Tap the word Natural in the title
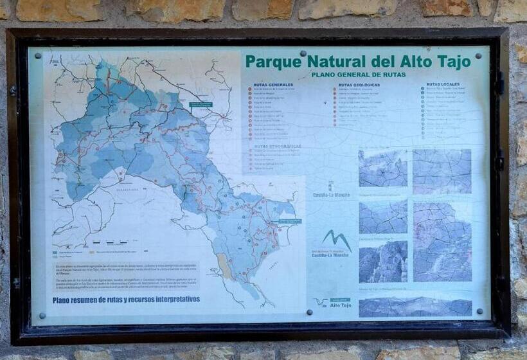point(337,62)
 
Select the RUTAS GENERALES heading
point(274,84)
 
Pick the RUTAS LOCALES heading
point(443,84)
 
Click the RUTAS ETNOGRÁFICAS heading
point(278,147)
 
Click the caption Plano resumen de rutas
point(126,300)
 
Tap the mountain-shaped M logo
point(337,239)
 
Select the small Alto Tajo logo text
point(340,305)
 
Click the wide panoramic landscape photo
point(415,307)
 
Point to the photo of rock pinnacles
point(383,262)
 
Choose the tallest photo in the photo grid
point(442,242)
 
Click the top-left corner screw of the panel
point(37,55)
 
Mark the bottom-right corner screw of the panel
point(479,310)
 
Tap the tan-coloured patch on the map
point(224,264)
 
